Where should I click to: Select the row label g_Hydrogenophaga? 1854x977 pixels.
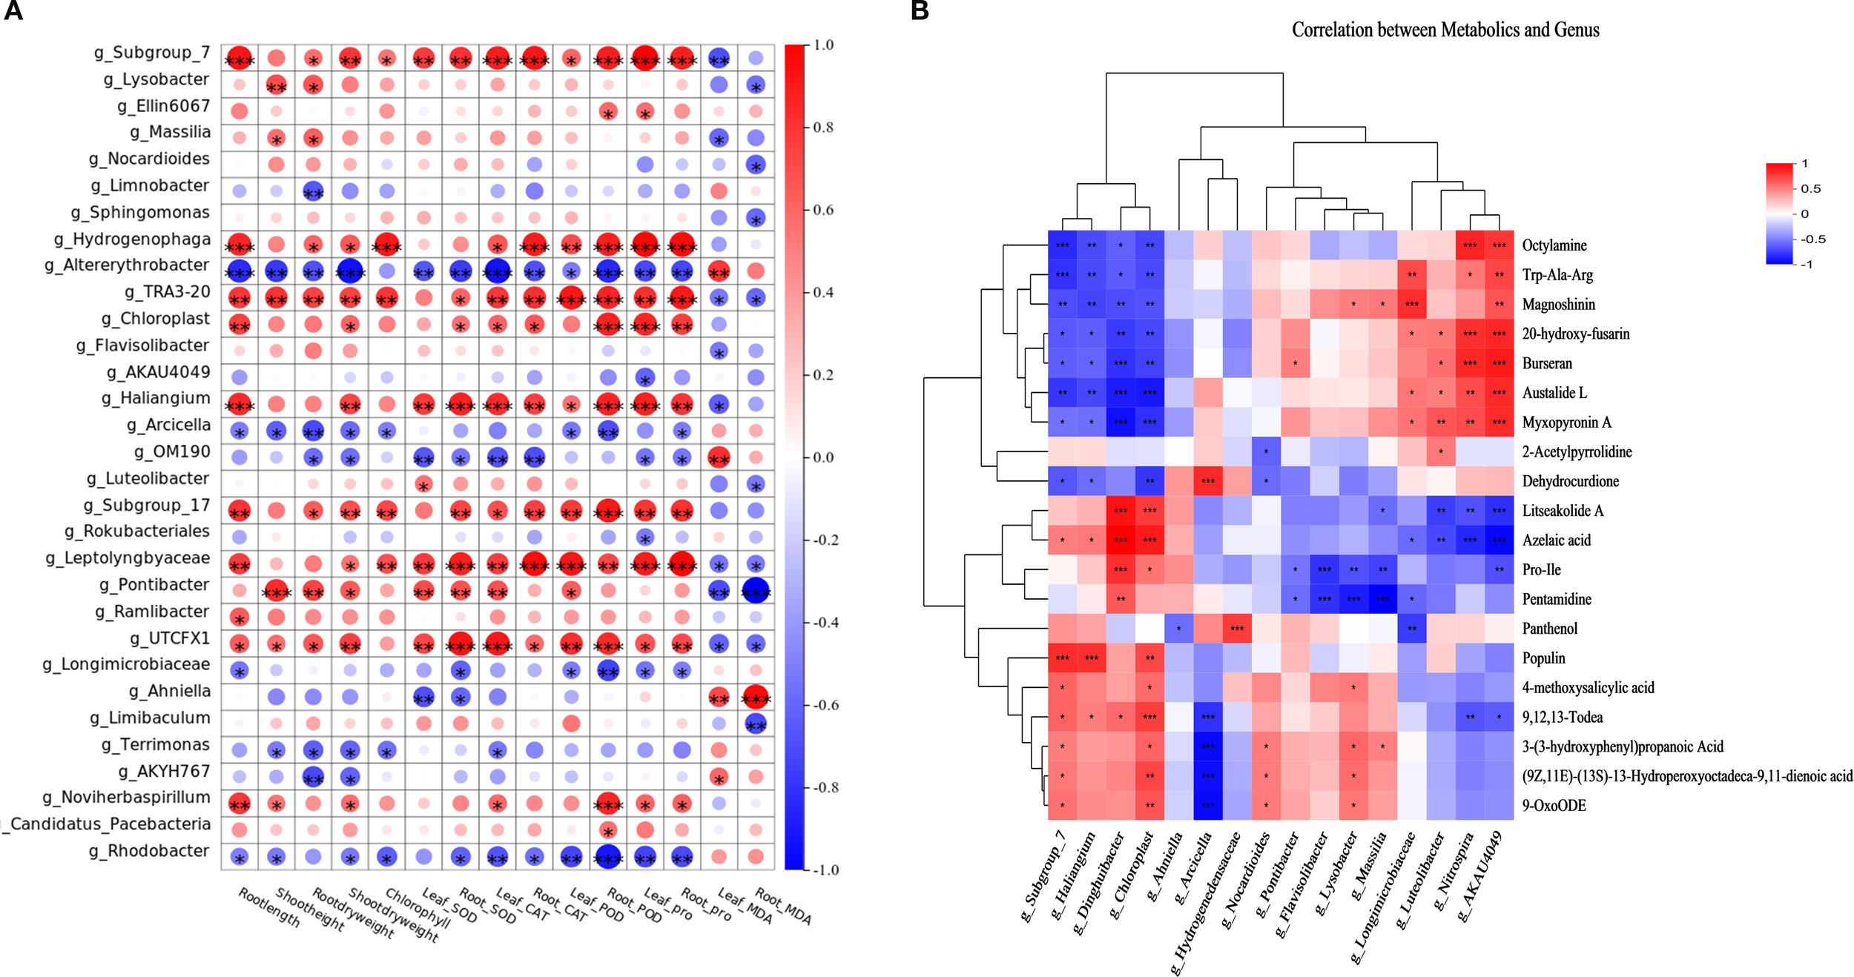pos(132,239)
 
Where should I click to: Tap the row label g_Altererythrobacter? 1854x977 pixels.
pos(127,265)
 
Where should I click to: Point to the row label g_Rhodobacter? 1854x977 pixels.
pos(149,851)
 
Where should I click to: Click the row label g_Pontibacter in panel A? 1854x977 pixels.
pos(154,585)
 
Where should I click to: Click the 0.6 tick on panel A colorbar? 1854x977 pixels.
pos(823,210)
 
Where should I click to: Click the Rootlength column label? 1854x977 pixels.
pos(269,908)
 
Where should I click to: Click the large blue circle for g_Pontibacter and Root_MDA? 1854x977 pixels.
pos(756,592)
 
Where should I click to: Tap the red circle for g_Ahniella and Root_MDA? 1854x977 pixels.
pos(756,698)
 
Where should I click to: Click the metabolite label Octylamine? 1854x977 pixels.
pos(1554,245)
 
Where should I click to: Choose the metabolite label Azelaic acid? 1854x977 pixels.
pos(1557,540)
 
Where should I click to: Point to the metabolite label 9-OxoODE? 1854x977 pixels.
pos(1554,806)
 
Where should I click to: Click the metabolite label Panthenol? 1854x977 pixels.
pos(1550,629)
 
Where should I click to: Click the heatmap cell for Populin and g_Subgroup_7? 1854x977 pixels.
pos(1062,658)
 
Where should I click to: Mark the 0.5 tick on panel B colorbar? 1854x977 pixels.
pos(1810,188)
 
